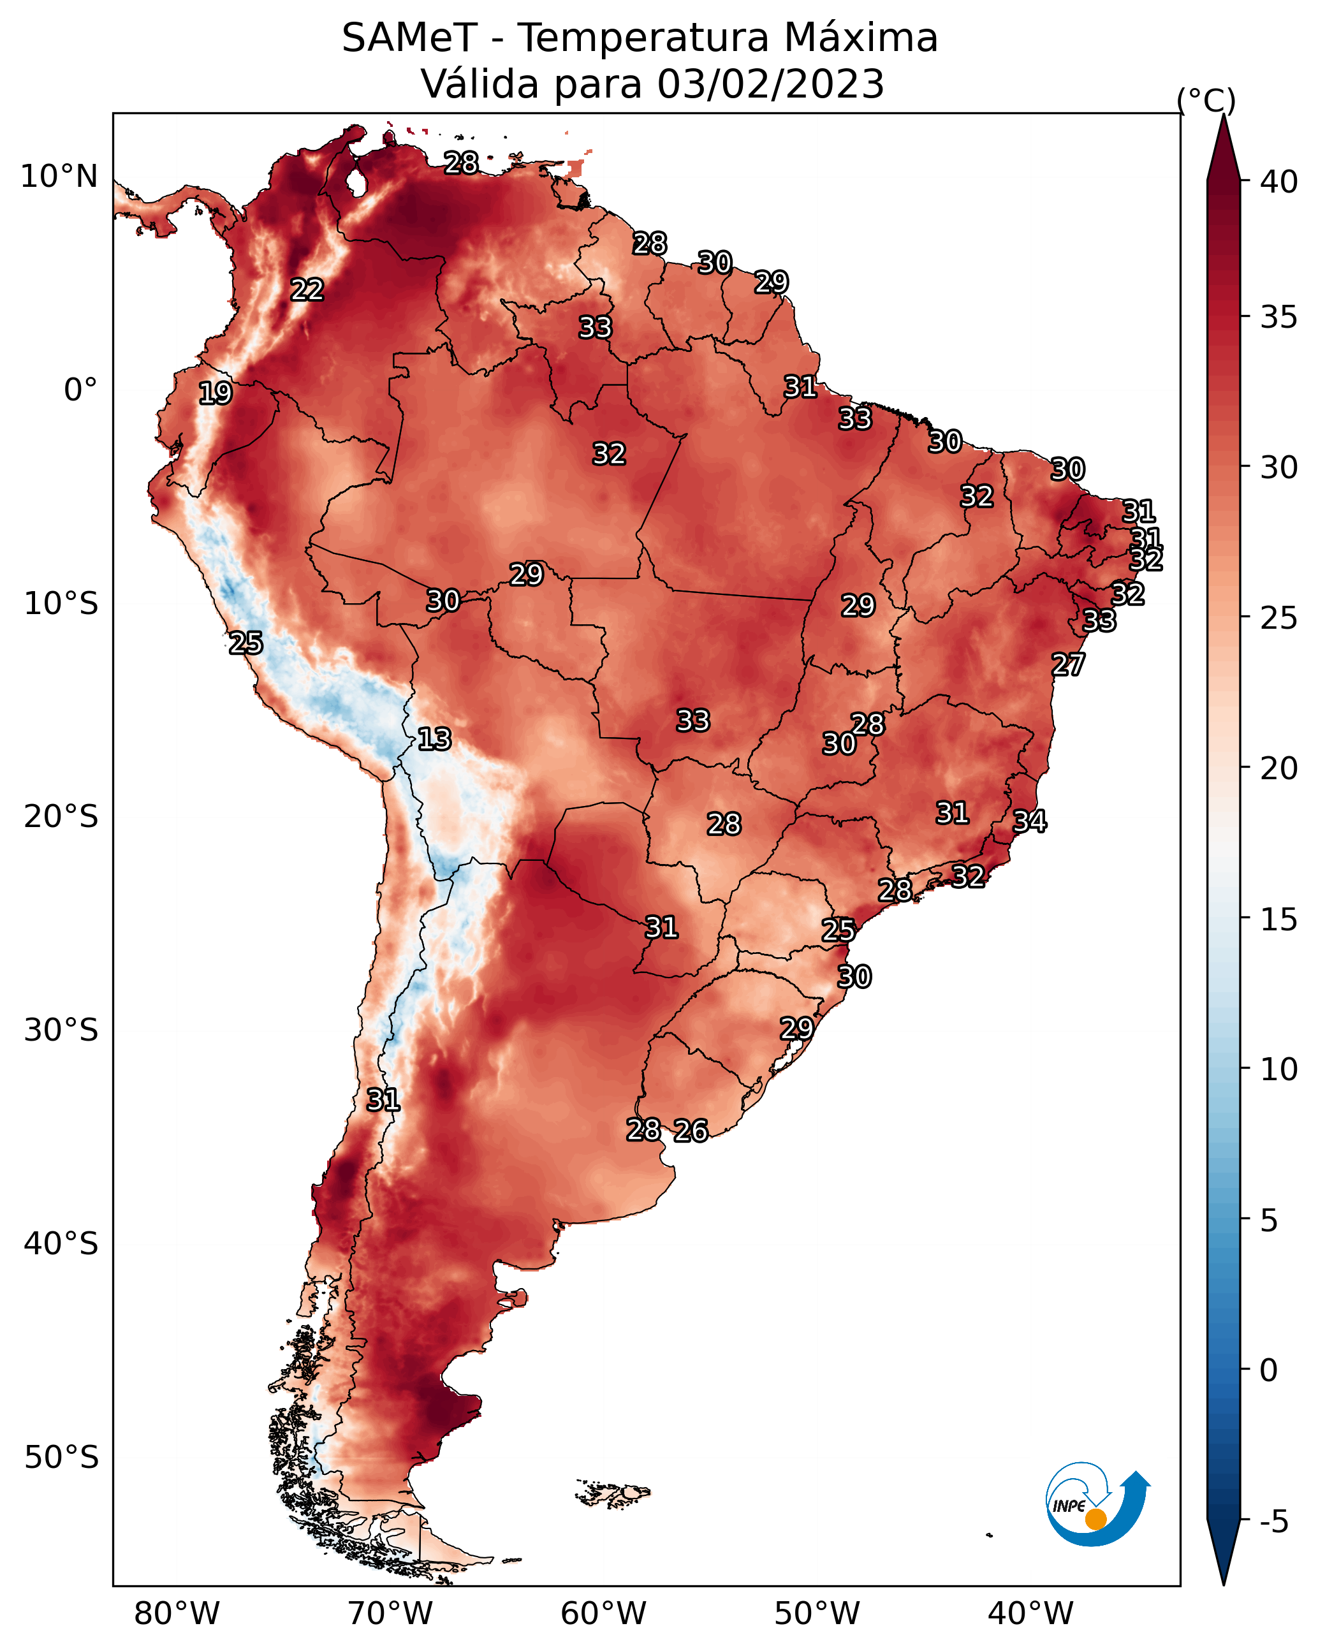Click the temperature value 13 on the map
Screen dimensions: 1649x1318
pyautogui.click(x=434, y=739)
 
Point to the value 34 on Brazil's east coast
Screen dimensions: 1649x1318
pyautogui.click(x=1029, y=821)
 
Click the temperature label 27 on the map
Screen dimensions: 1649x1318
pyautogui.click(x=1067, y=664)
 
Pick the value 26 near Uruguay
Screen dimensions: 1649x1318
pyautogui.click(x=690, y=1130)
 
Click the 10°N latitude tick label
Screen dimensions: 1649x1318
pyautogui.click(x=59, y=177)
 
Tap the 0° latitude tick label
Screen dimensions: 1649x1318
pyautogui.click(x=80, y=390)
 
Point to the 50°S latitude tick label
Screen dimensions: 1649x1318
pyautogui.click(x=61, y=1458)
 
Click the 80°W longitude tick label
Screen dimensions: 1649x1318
pyautogui.click(x=177, y=1613)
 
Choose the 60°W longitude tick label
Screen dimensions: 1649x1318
pyautogui.click(x=604, y=1613)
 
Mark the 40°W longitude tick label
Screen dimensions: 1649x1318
pyautogui.click(x=1030, y=1613)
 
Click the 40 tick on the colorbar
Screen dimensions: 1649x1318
pyautogui.click(x=1279, y=182)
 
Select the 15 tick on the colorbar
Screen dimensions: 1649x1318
pyautogui.click(x=1279, y=919)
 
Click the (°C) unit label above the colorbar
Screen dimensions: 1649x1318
pyautogui.click(x=1206, y=100)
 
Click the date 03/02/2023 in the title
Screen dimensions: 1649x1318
pyautogui.click(x=770, y=84)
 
